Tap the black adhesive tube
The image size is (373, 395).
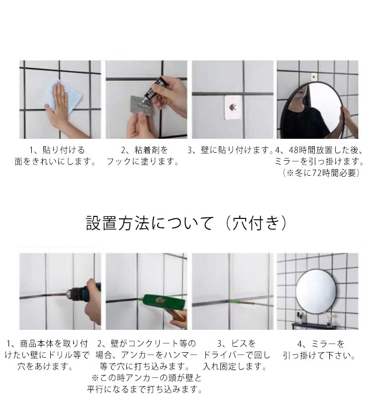pyautogui.click(x=153, y=89)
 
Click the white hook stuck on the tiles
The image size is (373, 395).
pyautogui.click(x=233, y=107)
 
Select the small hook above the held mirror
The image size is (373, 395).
pyautogui.click(x=313, y=77)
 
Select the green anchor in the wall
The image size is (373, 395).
pyautogui.click(x=235, y=301)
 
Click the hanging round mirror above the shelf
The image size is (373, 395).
pyautogui.click(x=316, y=292)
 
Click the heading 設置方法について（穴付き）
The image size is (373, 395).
pyautogui.click(x=186, y=223)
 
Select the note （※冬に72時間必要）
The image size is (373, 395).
pyautogui.click(x=321, y=173)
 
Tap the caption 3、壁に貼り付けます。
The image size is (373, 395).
pyautogui.click(x=230, y=150)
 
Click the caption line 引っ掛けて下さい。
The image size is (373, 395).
pyautogui.click(x=319, y=355)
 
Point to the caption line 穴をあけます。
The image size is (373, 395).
pyautogui.click(x=45, y=366)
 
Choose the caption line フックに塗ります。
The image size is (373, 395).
pyautogui.click(x=142, y=161)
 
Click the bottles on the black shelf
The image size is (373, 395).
pyautogui.click(x=300, y=318)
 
